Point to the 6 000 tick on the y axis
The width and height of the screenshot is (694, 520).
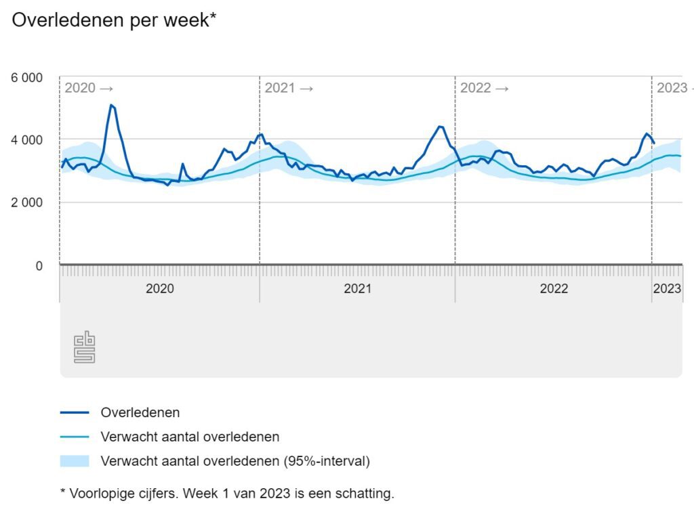[x=26, y=78]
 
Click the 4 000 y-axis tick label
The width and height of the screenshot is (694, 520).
[x=26, y=140]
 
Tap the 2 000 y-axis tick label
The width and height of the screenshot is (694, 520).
[x=26, y=202]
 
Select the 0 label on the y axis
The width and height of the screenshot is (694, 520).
[x=38, y=265]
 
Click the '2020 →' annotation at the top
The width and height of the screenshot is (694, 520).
[x=89, y=88]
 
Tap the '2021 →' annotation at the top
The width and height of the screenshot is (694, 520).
[x=289, y=88]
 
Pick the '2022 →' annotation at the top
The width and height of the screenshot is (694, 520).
[x=484, y=88]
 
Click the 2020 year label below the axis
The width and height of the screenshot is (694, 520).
[x=160, y=288]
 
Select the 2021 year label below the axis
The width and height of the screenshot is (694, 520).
[x=357, y=288]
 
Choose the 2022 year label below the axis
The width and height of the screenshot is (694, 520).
[x=554, y=288]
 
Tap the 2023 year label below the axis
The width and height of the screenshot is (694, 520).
[x=667, y=288]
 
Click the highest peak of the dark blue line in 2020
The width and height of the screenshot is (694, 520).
[x=111, y=105]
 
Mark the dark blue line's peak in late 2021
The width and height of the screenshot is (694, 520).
[x=441, y=127]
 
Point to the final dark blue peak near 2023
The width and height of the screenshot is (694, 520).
[x=647, y=134]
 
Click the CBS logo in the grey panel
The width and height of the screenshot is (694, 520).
[x=84, y=347]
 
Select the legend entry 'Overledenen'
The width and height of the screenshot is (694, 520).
[x=140, y=412]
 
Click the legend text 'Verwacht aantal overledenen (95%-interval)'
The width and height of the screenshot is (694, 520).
[x=235, y=462]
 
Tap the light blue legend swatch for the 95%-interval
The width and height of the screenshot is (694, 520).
[x=75, y=462]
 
